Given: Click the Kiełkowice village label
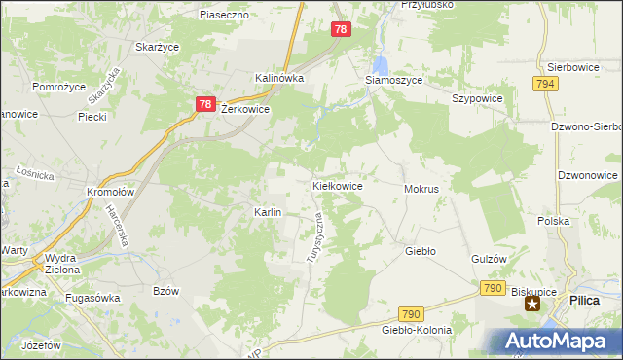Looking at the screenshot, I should pyautogui.click(x=338, y=185).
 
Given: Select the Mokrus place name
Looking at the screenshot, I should pyautogui.click(x=421, y=188).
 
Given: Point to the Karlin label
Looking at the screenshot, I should pyautogui.click(x=268, y=212).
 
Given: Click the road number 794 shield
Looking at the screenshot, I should pyautogui.click(x=545, y=85).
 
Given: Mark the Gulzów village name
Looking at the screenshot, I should pyautogui.click(x=490, y=259).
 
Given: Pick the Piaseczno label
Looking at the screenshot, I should pyautogui.click(x=225, y=16).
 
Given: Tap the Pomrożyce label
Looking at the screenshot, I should pyautogui.click(x=60, y=87).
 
